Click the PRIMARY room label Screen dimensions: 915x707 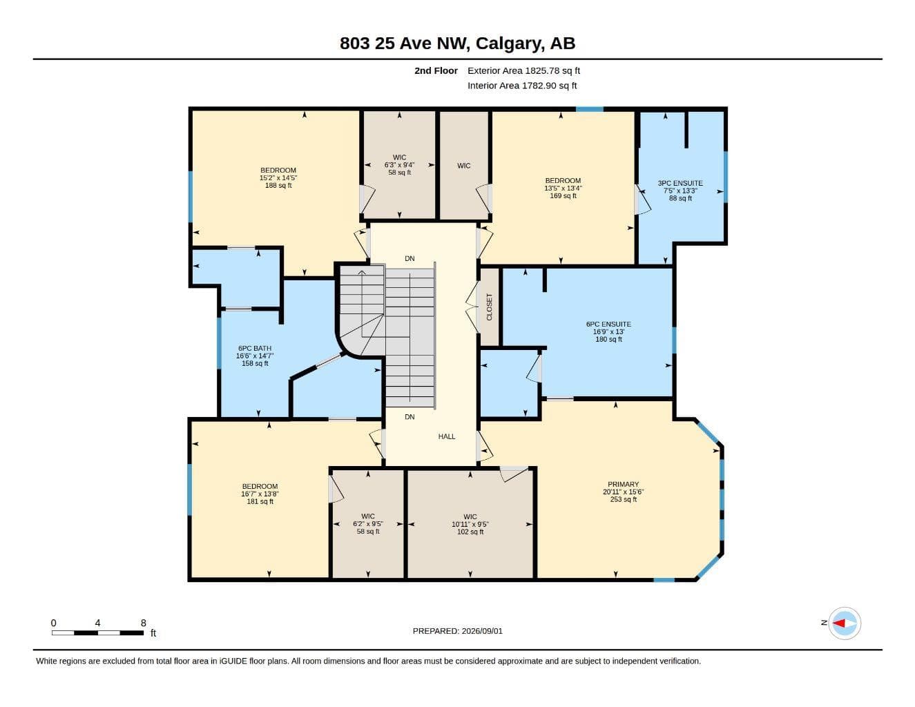623,484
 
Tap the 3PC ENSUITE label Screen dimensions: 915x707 680,183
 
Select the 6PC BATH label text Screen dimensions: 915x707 255,348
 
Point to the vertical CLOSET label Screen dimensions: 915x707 489,307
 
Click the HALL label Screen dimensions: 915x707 446,436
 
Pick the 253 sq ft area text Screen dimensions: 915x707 623,499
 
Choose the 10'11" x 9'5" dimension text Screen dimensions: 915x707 470,524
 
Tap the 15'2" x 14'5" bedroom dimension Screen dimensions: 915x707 278,178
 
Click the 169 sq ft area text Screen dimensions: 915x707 563,195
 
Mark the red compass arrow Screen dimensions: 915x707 839,623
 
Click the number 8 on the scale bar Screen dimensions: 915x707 143,623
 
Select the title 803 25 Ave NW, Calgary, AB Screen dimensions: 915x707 457,43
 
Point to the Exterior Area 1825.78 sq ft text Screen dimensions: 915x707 523,70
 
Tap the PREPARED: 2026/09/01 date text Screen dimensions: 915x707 457,631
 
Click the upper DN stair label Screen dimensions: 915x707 410,258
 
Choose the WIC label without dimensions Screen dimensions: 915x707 463,166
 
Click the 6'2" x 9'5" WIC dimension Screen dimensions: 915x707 367,524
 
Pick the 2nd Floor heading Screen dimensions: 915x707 436,70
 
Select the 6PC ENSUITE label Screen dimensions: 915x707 608,324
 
